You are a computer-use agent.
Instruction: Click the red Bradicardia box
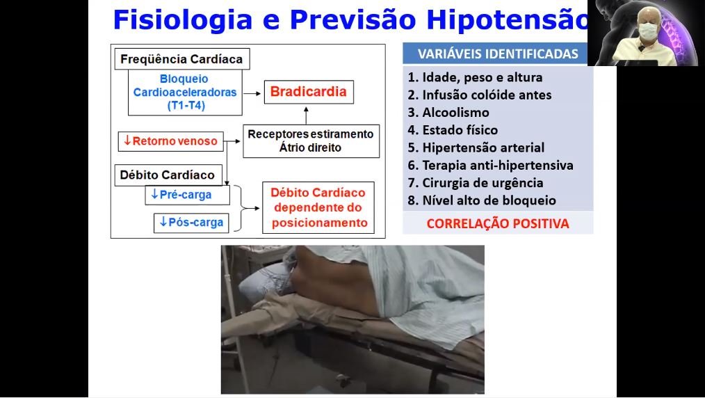309,92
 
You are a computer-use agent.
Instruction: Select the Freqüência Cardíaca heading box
181,59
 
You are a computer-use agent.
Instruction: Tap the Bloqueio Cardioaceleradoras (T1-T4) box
185,92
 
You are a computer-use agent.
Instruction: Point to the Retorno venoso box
170,141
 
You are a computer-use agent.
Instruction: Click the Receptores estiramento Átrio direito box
311,141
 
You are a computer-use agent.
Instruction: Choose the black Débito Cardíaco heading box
168,175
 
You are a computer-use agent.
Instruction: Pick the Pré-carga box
187,195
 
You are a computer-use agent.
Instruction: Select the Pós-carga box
191,223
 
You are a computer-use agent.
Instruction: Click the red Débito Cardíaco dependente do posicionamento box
318,207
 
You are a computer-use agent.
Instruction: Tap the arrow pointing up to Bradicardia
306,115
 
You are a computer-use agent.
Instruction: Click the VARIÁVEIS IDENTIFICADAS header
498,54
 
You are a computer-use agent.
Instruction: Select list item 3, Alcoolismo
448,113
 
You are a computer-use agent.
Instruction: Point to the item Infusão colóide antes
480,95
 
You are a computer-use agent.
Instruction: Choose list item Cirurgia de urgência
476,183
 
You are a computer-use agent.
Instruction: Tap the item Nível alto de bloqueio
482,200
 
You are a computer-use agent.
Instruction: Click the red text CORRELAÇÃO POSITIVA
498,223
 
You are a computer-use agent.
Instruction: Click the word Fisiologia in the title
182,20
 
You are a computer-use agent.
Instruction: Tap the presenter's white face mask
647,31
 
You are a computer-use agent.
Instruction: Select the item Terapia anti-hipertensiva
491,166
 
